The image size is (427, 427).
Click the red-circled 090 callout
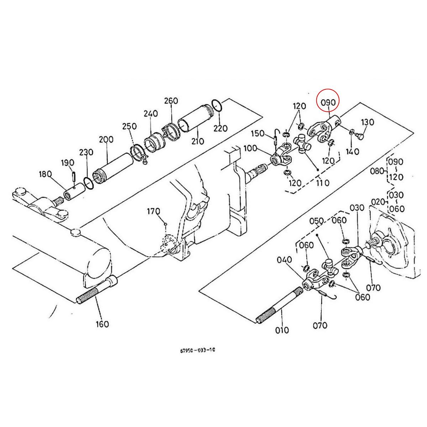(328, 102)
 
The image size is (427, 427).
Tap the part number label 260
(171, 101)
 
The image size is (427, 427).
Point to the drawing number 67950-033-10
(197, 350)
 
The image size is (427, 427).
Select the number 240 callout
(151, 114)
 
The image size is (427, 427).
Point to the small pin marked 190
(74, 175)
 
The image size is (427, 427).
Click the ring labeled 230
(89, 183)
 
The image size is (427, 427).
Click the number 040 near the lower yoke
(285, 260)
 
